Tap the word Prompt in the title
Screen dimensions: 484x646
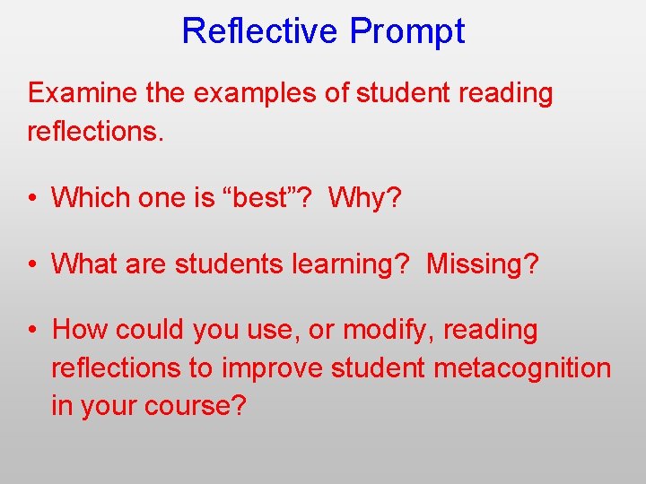[x=407, y=31]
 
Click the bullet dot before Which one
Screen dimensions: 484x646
[x=32, y=198]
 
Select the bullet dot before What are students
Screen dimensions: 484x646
[x=32, y=264]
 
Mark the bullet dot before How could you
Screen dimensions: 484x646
[x=32, y=331]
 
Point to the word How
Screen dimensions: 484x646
[x=74, y=330]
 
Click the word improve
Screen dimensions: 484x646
[x=272, y=368]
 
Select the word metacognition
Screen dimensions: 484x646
[x=523, y=368]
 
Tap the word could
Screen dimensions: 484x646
[x=135, y=330]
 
